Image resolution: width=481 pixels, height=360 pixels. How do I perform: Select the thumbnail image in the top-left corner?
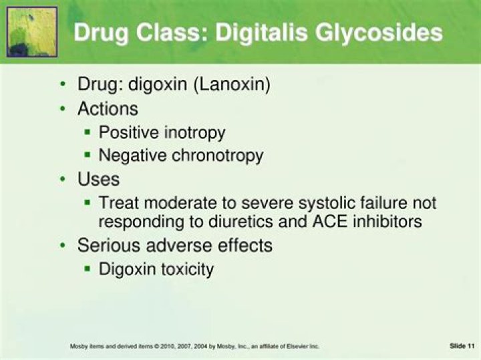point(31,31)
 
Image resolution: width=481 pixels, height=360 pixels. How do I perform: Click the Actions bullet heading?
point(108,108)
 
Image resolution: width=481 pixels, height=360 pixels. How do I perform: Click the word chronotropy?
point(218,156)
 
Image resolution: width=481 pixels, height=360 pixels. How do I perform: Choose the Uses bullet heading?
point(98,179)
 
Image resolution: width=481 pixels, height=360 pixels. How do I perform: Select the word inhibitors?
point(387,221)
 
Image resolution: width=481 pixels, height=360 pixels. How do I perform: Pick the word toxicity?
point(185,269)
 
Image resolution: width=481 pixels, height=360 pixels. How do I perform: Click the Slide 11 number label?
point(462,345)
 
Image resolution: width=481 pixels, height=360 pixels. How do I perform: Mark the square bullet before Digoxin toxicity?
point(88,268)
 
